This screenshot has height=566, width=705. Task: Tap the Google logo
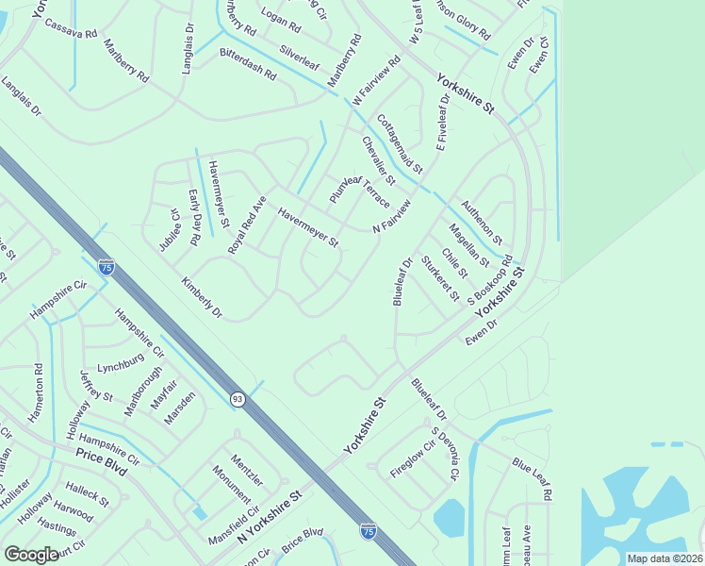point(32,555)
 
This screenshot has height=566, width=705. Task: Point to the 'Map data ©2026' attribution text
point(664,558)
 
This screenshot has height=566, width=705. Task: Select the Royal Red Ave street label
point(248,225)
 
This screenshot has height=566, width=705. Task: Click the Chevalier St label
point(378,160)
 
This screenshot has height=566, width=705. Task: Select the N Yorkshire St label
point(270,517)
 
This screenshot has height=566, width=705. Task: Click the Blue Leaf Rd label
point(533,479)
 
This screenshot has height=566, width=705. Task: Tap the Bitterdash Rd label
point(248,64)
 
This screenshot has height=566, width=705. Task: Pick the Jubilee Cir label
point(169,230)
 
